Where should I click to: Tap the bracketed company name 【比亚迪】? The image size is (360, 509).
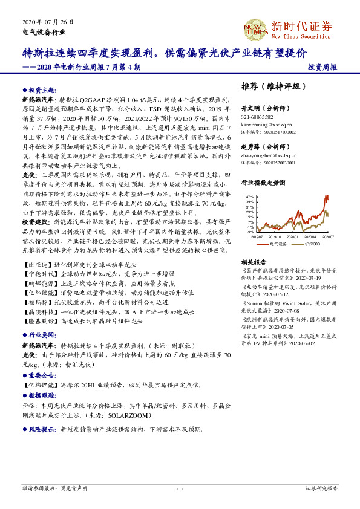(36, 265)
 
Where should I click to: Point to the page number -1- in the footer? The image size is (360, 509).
(179, 488)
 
